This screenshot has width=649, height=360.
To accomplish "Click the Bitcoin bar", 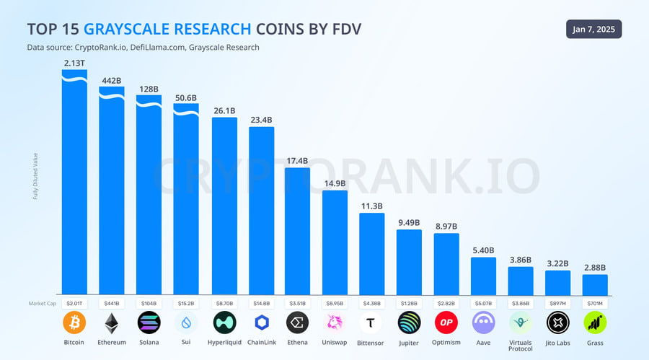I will click(74, 188).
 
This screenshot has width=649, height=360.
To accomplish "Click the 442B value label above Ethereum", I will click(112, 80).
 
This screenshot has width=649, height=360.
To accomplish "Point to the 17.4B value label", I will click(297, 160).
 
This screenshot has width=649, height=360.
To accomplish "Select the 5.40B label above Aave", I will click(483, 250).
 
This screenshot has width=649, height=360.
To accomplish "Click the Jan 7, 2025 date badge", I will click(593, 30).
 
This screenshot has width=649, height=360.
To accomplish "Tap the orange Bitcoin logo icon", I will click(74, 322).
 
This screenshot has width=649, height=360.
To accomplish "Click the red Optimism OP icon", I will click(446, 322).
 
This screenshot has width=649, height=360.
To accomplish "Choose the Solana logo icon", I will click(149, 322).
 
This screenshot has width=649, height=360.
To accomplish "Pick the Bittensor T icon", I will click(372, 322).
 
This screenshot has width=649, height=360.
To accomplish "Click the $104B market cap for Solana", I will click(149, 304).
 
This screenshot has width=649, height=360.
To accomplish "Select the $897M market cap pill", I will click(557, 304).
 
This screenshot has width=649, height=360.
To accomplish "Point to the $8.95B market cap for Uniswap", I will click(335, 304).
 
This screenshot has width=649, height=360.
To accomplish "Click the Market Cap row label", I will click(42, 304).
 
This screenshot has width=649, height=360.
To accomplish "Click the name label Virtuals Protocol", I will click(521, 346).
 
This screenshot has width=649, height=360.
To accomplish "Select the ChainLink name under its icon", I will click(260, 343).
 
